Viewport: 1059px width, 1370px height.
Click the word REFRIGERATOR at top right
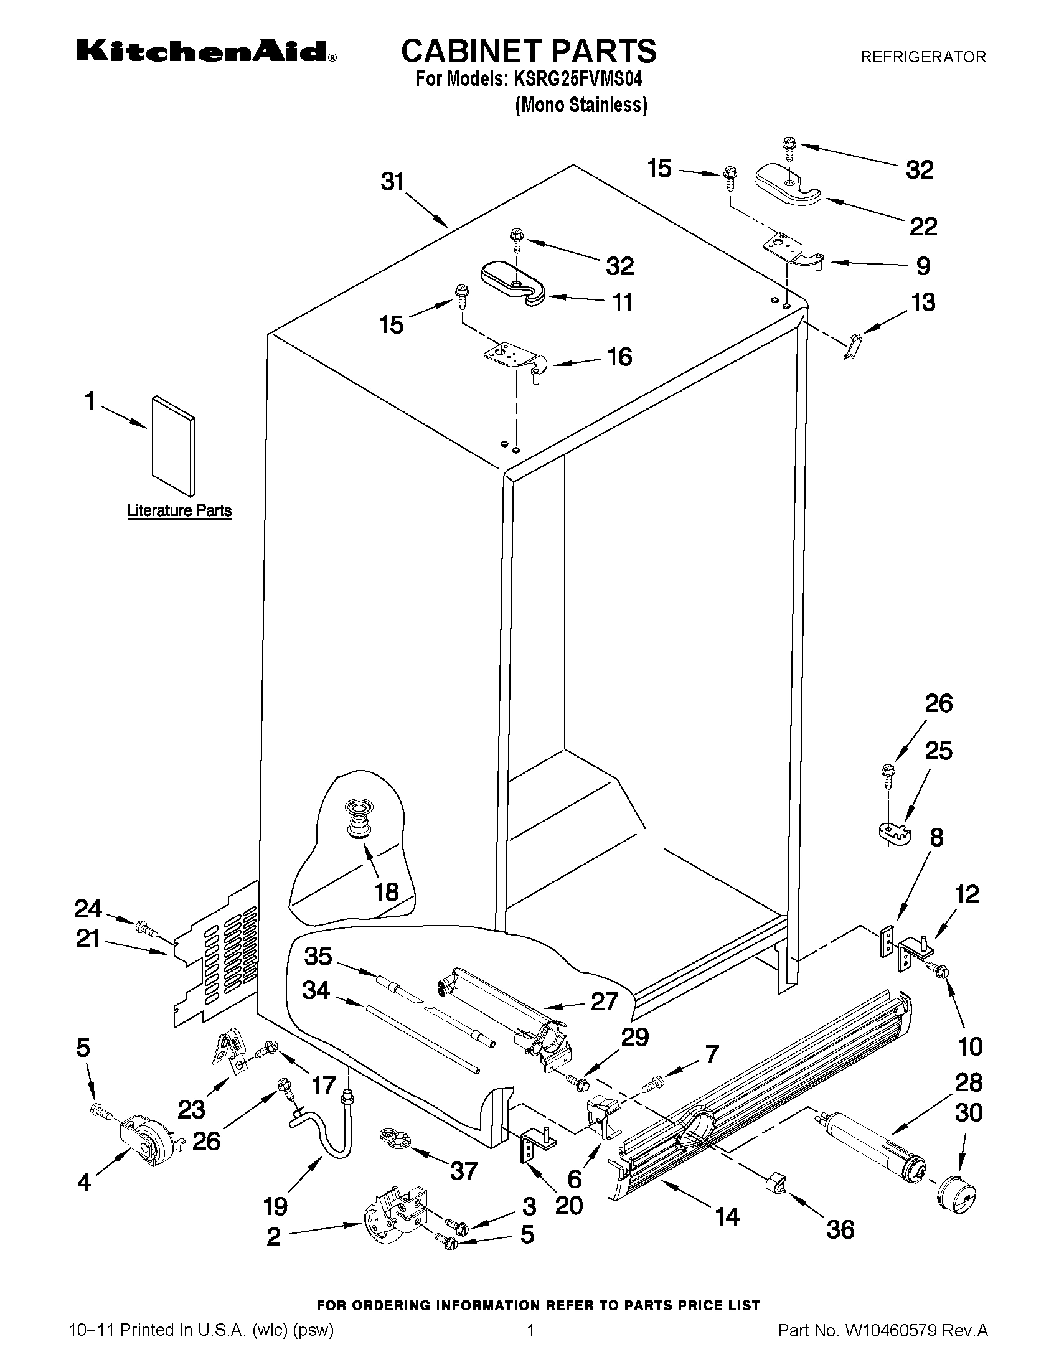tap(923, 57)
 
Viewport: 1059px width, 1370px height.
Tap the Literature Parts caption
tap(179, 510)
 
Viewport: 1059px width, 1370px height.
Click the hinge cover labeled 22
tap(788, 184)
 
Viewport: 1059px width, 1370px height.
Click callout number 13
tap(923, 303)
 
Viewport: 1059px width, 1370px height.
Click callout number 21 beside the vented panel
tap(88, 939)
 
